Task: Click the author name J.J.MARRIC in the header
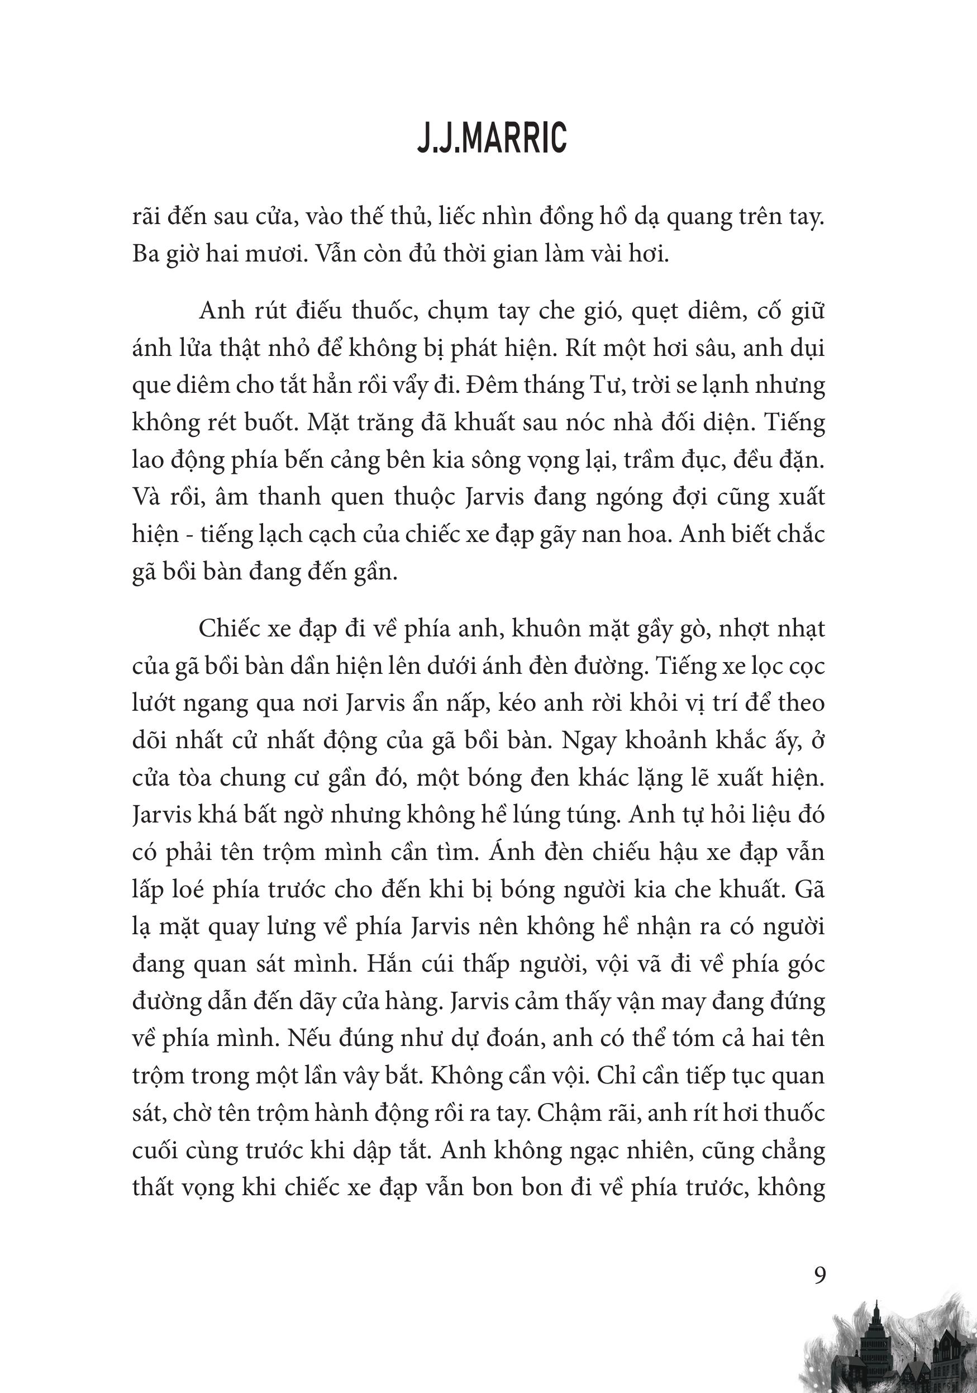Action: click(x=492, y=139)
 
